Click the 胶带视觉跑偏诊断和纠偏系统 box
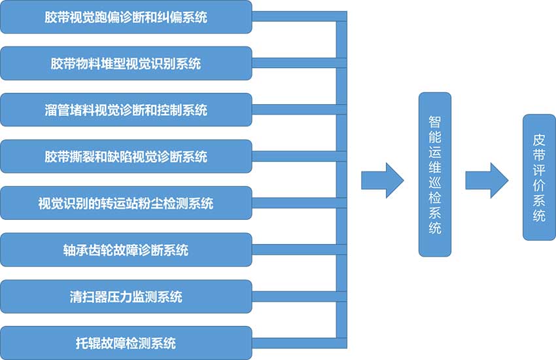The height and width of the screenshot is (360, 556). click(x=126, y=17)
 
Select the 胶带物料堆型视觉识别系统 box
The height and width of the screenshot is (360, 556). click(x=126, y=63)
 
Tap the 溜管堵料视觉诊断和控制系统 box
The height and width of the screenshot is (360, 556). click(x=126, y=110)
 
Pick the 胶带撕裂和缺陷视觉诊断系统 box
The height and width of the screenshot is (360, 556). click(x=126, y=156)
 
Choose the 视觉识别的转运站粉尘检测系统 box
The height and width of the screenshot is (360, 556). click(x=126, y=203)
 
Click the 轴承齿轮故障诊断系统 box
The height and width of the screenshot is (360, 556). click(x=126, y=249)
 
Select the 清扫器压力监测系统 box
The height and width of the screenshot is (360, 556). click(x=126, y=296)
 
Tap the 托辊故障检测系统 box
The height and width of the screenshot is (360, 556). click(x=126, y=342)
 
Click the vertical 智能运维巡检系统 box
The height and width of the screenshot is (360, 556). click(x=435, y=174)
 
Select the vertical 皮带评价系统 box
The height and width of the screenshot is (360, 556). click(x=539, y=177)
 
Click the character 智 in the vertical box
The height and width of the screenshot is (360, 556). click(x=435, y=122)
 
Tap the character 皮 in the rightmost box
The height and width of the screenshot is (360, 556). click(x=539, y=140)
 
